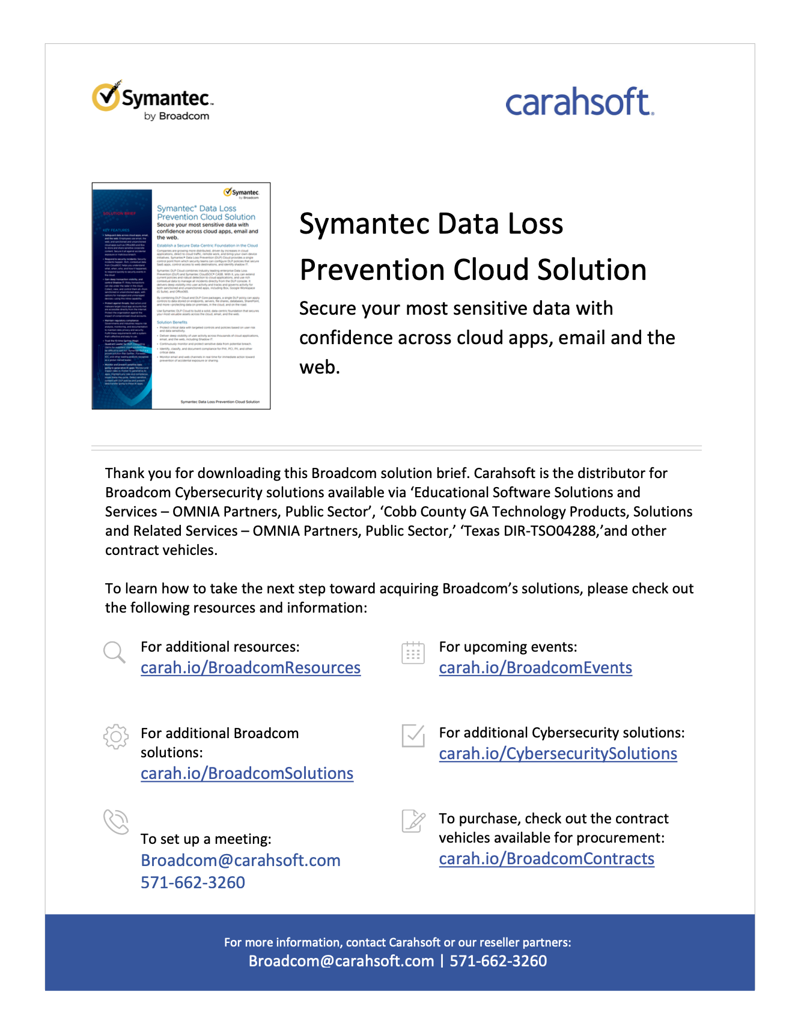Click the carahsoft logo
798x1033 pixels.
click(579, 102)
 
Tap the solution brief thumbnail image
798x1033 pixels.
click(181, 295)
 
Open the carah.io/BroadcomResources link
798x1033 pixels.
click(250, 668)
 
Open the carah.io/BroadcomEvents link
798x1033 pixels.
click(535, 668)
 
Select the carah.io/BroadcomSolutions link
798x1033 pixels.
click(246, 774)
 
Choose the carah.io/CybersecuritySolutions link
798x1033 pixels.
click(558, 754)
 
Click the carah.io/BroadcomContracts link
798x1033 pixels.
click(546, 859)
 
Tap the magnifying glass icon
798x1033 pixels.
click(114, 652)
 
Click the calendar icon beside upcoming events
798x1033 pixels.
click(413, 653)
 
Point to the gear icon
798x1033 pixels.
click(115, 736)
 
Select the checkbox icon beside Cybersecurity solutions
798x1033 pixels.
click(413, 736)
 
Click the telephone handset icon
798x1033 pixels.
click(116, 822)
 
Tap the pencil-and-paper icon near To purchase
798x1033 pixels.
click(413, 821)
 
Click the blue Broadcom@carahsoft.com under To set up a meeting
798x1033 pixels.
click(240, 861)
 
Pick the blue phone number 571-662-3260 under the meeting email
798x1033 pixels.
click(193, 883)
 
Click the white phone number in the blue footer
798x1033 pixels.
click(498, 961)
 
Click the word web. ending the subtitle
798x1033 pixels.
click(320, 367)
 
